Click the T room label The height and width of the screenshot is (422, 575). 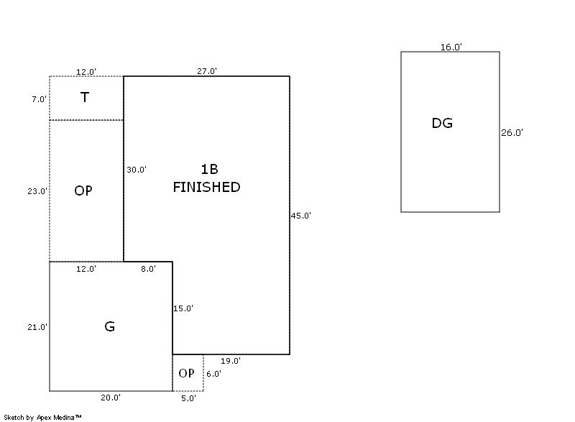click(84, 98)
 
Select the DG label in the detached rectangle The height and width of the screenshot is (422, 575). click(442, 123)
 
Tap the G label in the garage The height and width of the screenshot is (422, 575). click(109, 326)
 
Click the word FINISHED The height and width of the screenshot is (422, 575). click(206, 187)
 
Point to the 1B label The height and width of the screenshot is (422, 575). click(208, 170)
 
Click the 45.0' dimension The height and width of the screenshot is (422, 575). click(301, 215)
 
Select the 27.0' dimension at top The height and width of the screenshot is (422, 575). click(207, 71)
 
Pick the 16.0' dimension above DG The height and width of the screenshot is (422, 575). click(451, 47)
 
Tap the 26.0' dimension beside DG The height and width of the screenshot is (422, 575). click(512, 132)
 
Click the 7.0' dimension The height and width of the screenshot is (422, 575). click(39, 99)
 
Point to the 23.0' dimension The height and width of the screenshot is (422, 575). click(37, 191)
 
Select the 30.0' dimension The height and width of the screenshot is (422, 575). click(137, 170)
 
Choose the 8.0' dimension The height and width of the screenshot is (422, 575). click(148, 269)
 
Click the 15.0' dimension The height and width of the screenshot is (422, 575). click(183, 308)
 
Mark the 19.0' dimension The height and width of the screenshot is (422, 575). click(230, 361)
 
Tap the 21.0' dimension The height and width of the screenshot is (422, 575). click(37, 327)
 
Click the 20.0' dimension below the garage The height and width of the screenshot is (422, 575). click(110, 397)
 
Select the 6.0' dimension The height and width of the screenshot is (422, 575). click(213, 374)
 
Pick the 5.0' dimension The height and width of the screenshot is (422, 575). click(187, 397)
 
